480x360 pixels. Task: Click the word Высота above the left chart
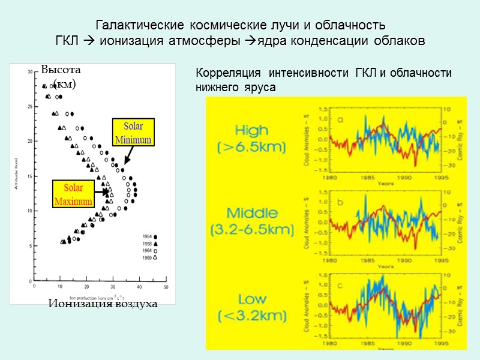pyautogui.click(x=61, y=71)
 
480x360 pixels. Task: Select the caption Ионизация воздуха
pyautogui.click(x=103, y=304)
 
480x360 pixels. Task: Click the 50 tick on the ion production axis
pyautogui.click(x=166, y=287)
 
